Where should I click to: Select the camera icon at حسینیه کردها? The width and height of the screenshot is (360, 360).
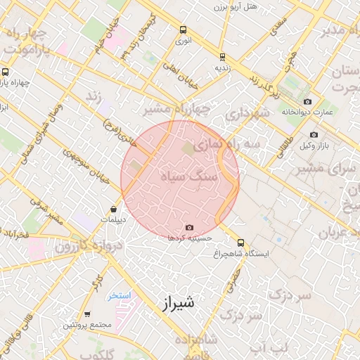click(189, 227)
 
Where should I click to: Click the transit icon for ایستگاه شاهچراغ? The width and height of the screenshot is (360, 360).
click(241, 243)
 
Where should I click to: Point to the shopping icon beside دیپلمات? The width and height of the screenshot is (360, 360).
click(114, 209)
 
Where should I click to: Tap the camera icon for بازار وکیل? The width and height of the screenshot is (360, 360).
click(314, 134)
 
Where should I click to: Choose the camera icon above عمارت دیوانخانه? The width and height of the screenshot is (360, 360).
click(307, 102)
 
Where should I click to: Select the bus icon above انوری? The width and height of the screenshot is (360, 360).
click(183, 30)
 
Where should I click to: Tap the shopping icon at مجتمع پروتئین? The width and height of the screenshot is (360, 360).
click(87, 314)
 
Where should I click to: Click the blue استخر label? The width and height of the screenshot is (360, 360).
click(120, 295)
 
